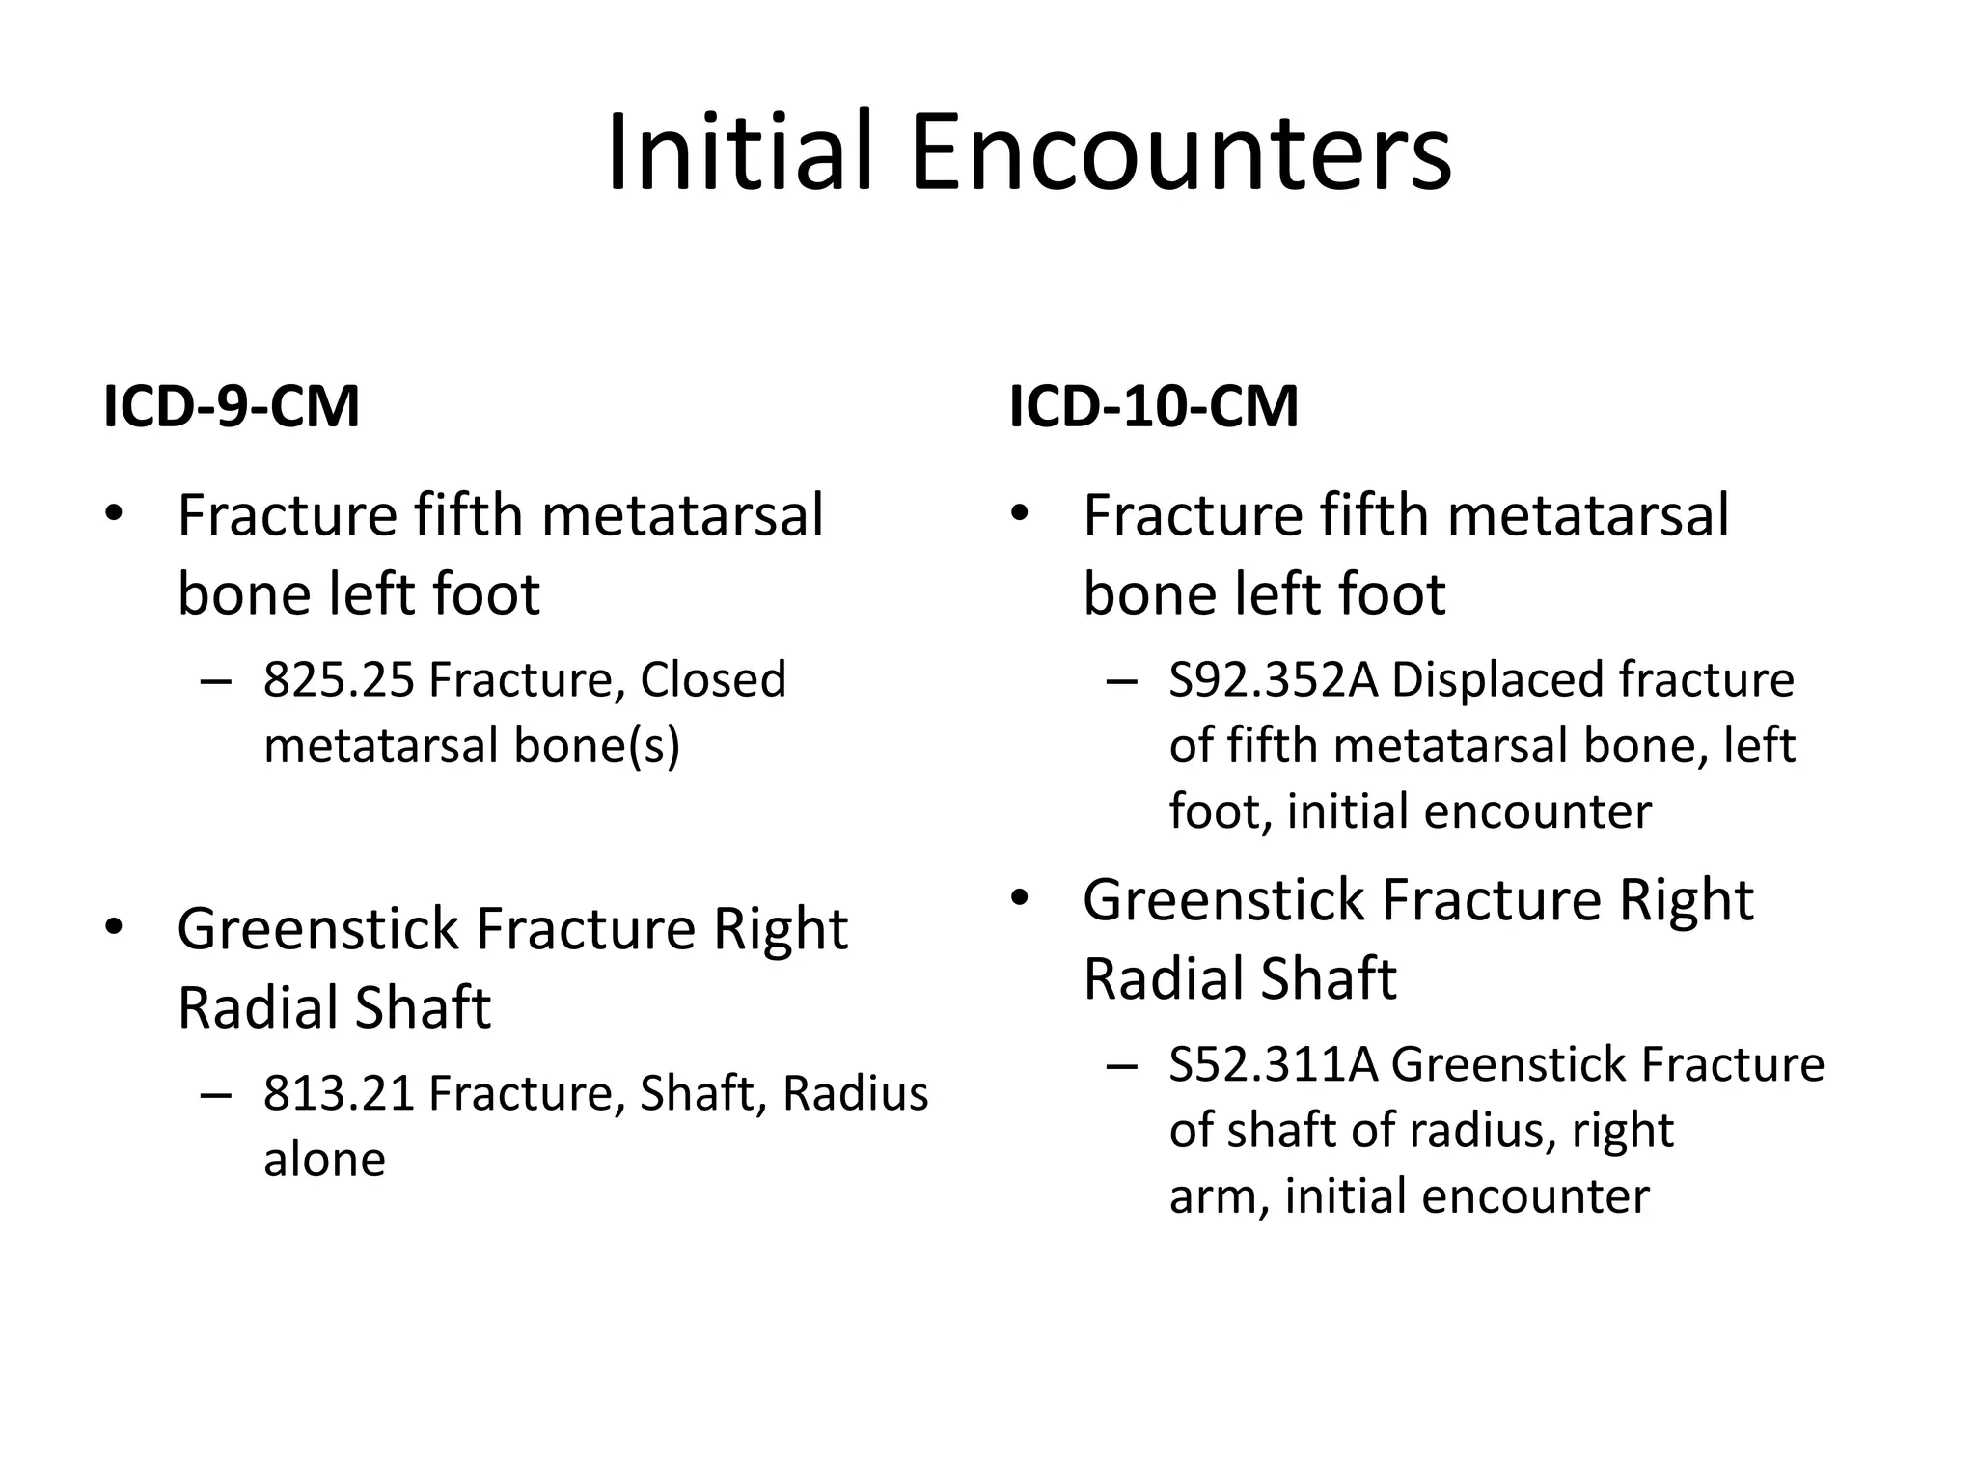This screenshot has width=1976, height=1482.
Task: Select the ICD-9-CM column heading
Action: tap(232, 406)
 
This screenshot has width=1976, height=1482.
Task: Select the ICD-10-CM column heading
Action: tap(1154, 406)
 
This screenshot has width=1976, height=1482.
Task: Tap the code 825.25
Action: tap(339, 679)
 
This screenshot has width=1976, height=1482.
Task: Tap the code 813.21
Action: tap(339, 1093)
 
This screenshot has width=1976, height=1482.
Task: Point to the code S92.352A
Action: tap(1274, 679)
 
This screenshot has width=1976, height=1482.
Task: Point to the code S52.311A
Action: tap(1274, 1065)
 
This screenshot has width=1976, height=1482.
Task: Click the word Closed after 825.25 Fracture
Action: tap(713, 679)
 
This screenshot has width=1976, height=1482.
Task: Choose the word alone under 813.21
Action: tap(324, 1159)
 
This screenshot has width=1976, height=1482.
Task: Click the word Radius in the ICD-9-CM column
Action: tap(855, 1093)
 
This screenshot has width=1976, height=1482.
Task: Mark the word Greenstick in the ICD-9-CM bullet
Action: tap(317, 929)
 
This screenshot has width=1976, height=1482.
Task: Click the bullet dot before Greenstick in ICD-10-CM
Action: tap(1020, 899)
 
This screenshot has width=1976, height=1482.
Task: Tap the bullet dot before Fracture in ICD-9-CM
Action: tap(114, 513)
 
